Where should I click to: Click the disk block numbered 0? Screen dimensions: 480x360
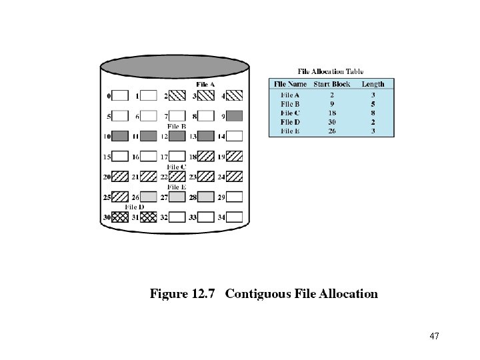point(120,96)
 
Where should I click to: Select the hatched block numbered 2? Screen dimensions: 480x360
point(177,96)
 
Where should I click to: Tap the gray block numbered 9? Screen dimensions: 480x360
point(235,116)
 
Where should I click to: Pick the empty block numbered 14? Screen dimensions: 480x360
point(235,136)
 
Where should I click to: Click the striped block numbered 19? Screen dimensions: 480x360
point(235,157)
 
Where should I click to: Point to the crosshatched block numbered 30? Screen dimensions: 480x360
point(120,217)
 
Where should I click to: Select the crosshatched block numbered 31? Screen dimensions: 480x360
point(149,217)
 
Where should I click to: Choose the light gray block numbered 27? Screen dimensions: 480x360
point(177,197)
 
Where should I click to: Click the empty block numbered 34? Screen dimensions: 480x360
point(235,217)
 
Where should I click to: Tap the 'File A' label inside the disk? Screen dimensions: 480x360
point(205,85)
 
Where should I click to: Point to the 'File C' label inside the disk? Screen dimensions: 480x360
point(177,167)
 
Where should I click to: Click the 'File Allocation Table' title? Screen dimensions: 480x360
point(331,71)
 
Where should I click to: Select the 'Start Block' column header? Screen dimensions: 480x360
point(332,84)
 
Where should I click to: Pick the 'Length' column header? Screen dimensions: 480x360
point(373,84)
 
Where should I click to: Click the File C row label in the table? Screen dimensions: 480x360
point(290,113)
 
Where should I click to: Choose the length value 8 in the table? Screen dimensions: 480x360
point(373,113)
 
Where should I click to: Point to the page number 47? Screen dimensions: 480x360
point(435,335)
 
